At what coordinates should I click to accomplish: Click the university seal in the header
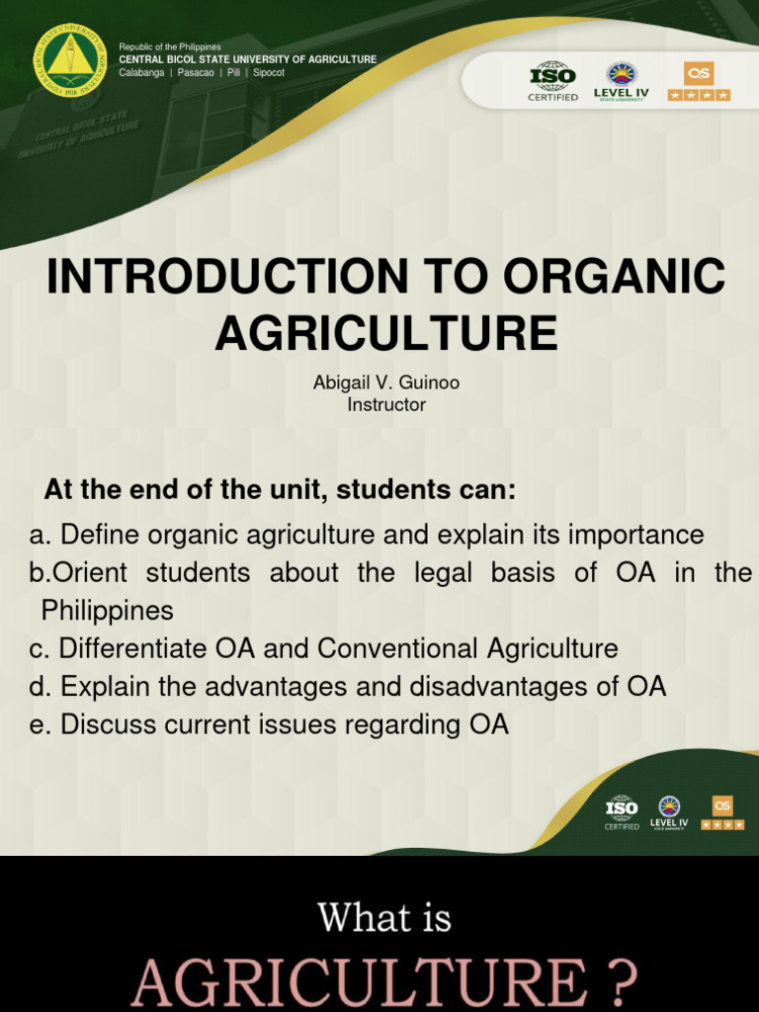coord(69,60)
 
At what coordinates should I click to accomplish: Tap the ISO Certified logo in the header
coord(553,80)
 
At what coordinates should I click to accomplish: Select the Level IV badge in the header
coord(621,80)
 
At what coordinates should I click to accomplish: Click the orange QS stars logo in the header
coord(699,80)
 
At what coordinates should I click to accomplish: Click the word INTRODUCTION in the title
coord(227,278)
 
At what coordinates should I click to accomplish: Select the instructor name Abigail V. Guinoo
coord(386,382)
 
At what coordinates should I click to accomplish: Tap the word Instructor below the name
coord(386,405)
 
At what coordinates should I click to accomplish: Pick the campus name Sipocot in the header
coord(269,73)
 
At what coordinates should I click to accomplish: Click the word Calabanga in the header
coord(141,73)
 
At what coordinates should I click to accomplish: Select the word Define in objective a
coord(97,536)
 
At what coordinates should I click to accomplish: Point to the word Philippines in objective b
coord(107,611)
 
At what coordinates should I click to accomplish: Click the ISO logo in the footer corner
coord(622,811)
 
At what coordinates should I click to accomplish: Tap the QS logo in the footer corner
coord(722,811)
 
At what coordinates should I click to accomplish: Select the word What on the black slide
coord(352,918)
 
